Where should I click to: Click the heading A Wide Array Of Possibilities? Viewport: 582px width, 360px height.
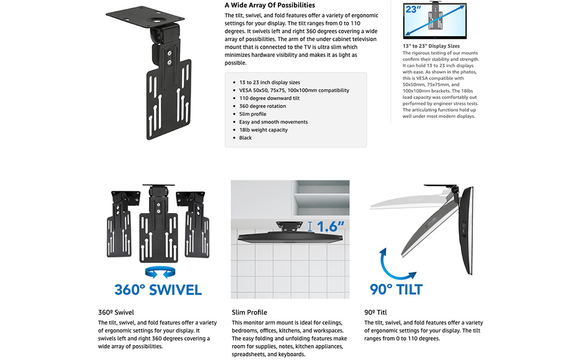[270, 5]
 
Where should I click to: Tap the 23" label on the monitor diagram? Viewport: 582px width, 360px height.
[413, 9]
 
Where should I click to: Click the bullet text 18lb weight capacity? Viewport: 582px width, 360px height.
[263, 130]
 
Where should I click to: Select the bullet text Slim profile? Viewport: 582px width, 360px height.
[253, 114]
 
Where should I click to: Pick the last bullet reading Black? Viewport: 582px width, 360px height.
[245, 137]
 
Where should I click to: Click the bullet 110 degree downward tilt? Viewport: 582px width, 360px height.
[269, 98]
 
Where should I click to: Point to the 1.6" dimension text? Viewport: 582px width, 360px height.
[331, 226]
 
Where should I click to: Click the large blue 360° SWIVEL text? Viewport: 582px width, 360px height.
[158, 290]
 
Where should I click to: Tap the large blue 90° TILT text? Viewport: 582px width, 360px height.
[396, 289]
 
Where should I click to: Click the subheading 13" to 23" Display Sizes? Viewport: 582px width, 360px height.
[431, 46]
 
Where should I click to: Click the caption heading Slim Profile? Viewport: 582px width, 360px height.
[249, 313]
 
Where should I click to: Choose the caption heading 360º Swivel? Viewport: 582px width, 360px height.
[116, 313]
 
